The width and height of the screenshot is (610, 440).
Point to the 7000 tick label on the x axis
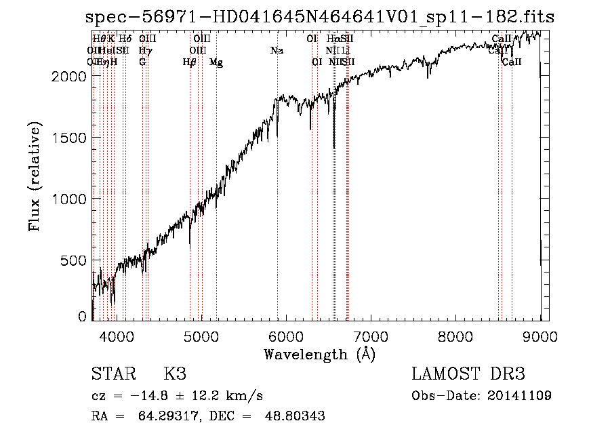pyautogui.click(x=371, y=336)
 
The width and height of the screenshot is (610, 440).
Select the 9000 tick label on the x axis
pyautogui.click(x=540, y=336)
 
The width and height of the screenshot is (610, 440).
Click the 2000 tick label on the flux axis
pyautogui.click(x=68, y=76)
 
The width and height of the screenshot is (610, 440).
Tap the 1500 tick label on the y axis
pyautogui.click(x=68, y=138)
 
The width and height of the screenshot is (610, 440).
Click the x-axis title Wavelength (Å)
pyautogui.click(x=319, y=354)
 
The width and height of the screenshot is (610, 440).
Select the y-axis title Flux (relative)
pyautogui.click(x=35, y=176)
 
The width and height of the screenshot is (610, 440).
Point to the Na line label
pyautogui.click(x=277, y=51)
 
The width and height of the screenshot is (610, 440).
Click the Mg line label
pyautogui.click(x=216, y=62)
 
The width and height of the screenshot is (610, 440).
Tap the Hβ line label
pyautogui.click(x=190, y=62)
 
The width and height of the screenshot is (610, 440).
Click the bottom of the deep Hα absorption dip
pyautogui.click(x=334, y=147)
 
